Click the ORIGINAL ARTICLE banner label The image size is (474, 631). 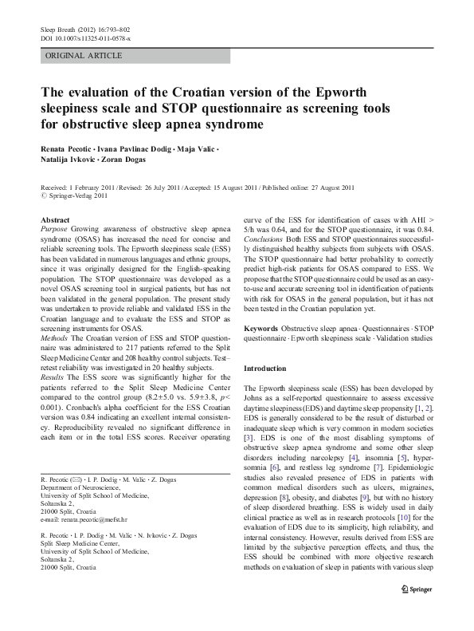[84, 56]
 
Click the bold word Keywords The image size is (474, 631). [261, 328]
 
